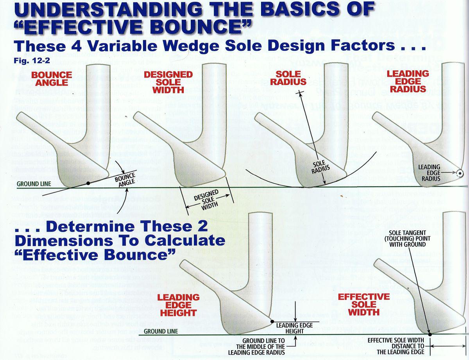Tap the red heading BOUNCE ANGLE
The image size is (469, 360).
point(52,78)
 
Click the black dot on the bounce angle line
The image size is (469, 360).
point(88,183)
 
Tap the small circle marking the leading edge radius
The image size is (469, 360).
point(460,173)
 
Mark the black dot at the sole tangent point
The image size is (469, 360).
point(430,334)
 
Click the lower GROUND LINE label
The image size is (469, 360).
point(161,331)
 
